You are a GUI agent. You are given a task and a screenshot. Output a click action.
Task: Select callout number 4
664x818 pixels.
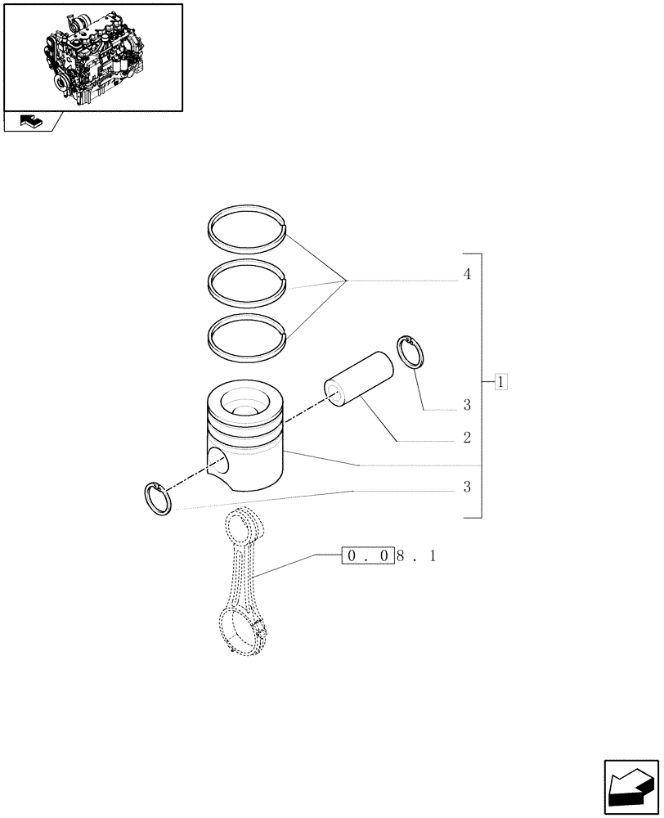click(x=466, y=274)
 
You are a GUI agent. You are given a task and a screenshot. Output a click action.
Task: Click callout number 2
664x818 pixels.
click(x=466, y=438)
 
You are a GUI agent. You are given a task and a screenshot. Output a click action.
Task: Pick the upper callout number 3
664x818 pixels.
click(x=466, y=404)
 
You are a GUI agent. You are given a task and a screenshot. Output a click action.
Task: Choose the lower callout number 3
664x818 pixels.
click(x=466, y=488)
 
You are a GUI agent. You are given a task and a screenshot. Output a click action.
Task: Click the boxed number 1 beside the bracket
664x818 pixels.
click(x=501, y=381)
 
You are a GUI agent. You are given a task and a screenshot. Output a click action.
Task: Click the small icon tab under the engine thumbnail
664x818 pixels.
click(x=29, y=122)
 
